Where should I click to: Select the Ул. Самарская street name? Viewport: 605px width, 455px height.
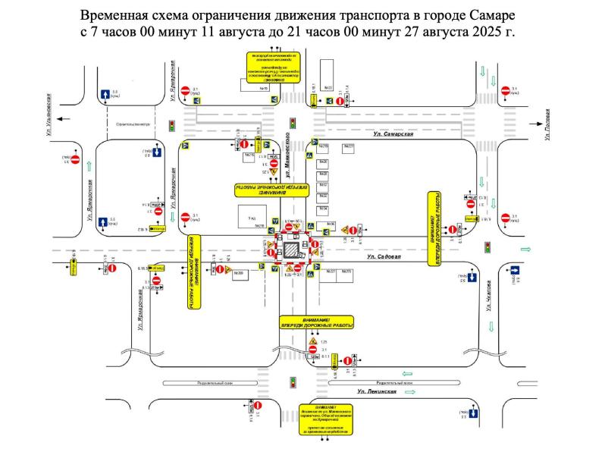pos(393,133)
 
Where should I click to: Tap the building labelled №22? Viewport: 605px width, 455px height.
pos(328,88)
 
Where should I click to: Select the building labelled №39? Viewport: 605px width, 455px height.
pos(237,273)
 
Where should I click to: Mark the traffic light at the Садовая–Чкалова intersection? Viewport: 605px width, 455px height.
pos(487,247)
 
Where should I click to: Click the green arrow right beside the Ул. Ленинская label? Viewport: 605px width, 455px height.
pos(406,373)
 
